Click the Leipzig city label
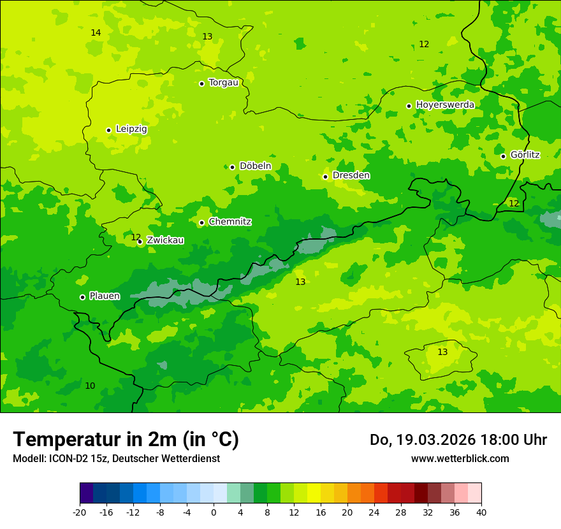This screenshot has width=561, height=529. point(131,129)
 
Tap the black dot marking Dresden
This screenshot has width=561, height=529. point(326,177)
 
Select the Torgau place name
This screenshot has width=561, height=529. point(223,83)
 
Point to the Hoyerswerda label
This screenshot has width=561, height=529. point(444,105)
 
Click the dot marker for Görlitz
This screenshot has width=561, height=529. point(503,156)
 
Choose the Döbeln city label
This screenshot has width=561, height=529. point(255,166)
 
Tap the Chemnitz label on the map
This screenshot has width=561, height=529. point(229,222)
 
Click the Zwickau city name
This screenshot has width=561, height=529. point(165,241)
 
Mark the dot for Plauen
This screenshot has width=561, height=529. point(82,297)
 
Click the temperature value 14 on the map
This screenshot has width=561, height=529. point(96,33)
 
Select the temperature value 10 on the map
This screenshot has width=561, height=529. point(90,386)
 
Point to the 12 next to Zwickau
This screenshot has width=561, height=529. point(136,237)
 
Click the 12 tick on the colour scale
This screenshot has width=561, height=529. point(294,512)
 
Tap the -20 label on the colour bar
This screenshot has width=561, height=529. point(80,512)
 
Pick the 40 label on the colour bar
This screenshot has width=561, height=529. point(481,512)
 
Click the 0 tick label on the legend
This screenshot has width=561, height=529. point(214,512)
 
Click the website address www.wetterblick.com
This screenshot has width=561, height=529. point(460,459)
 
